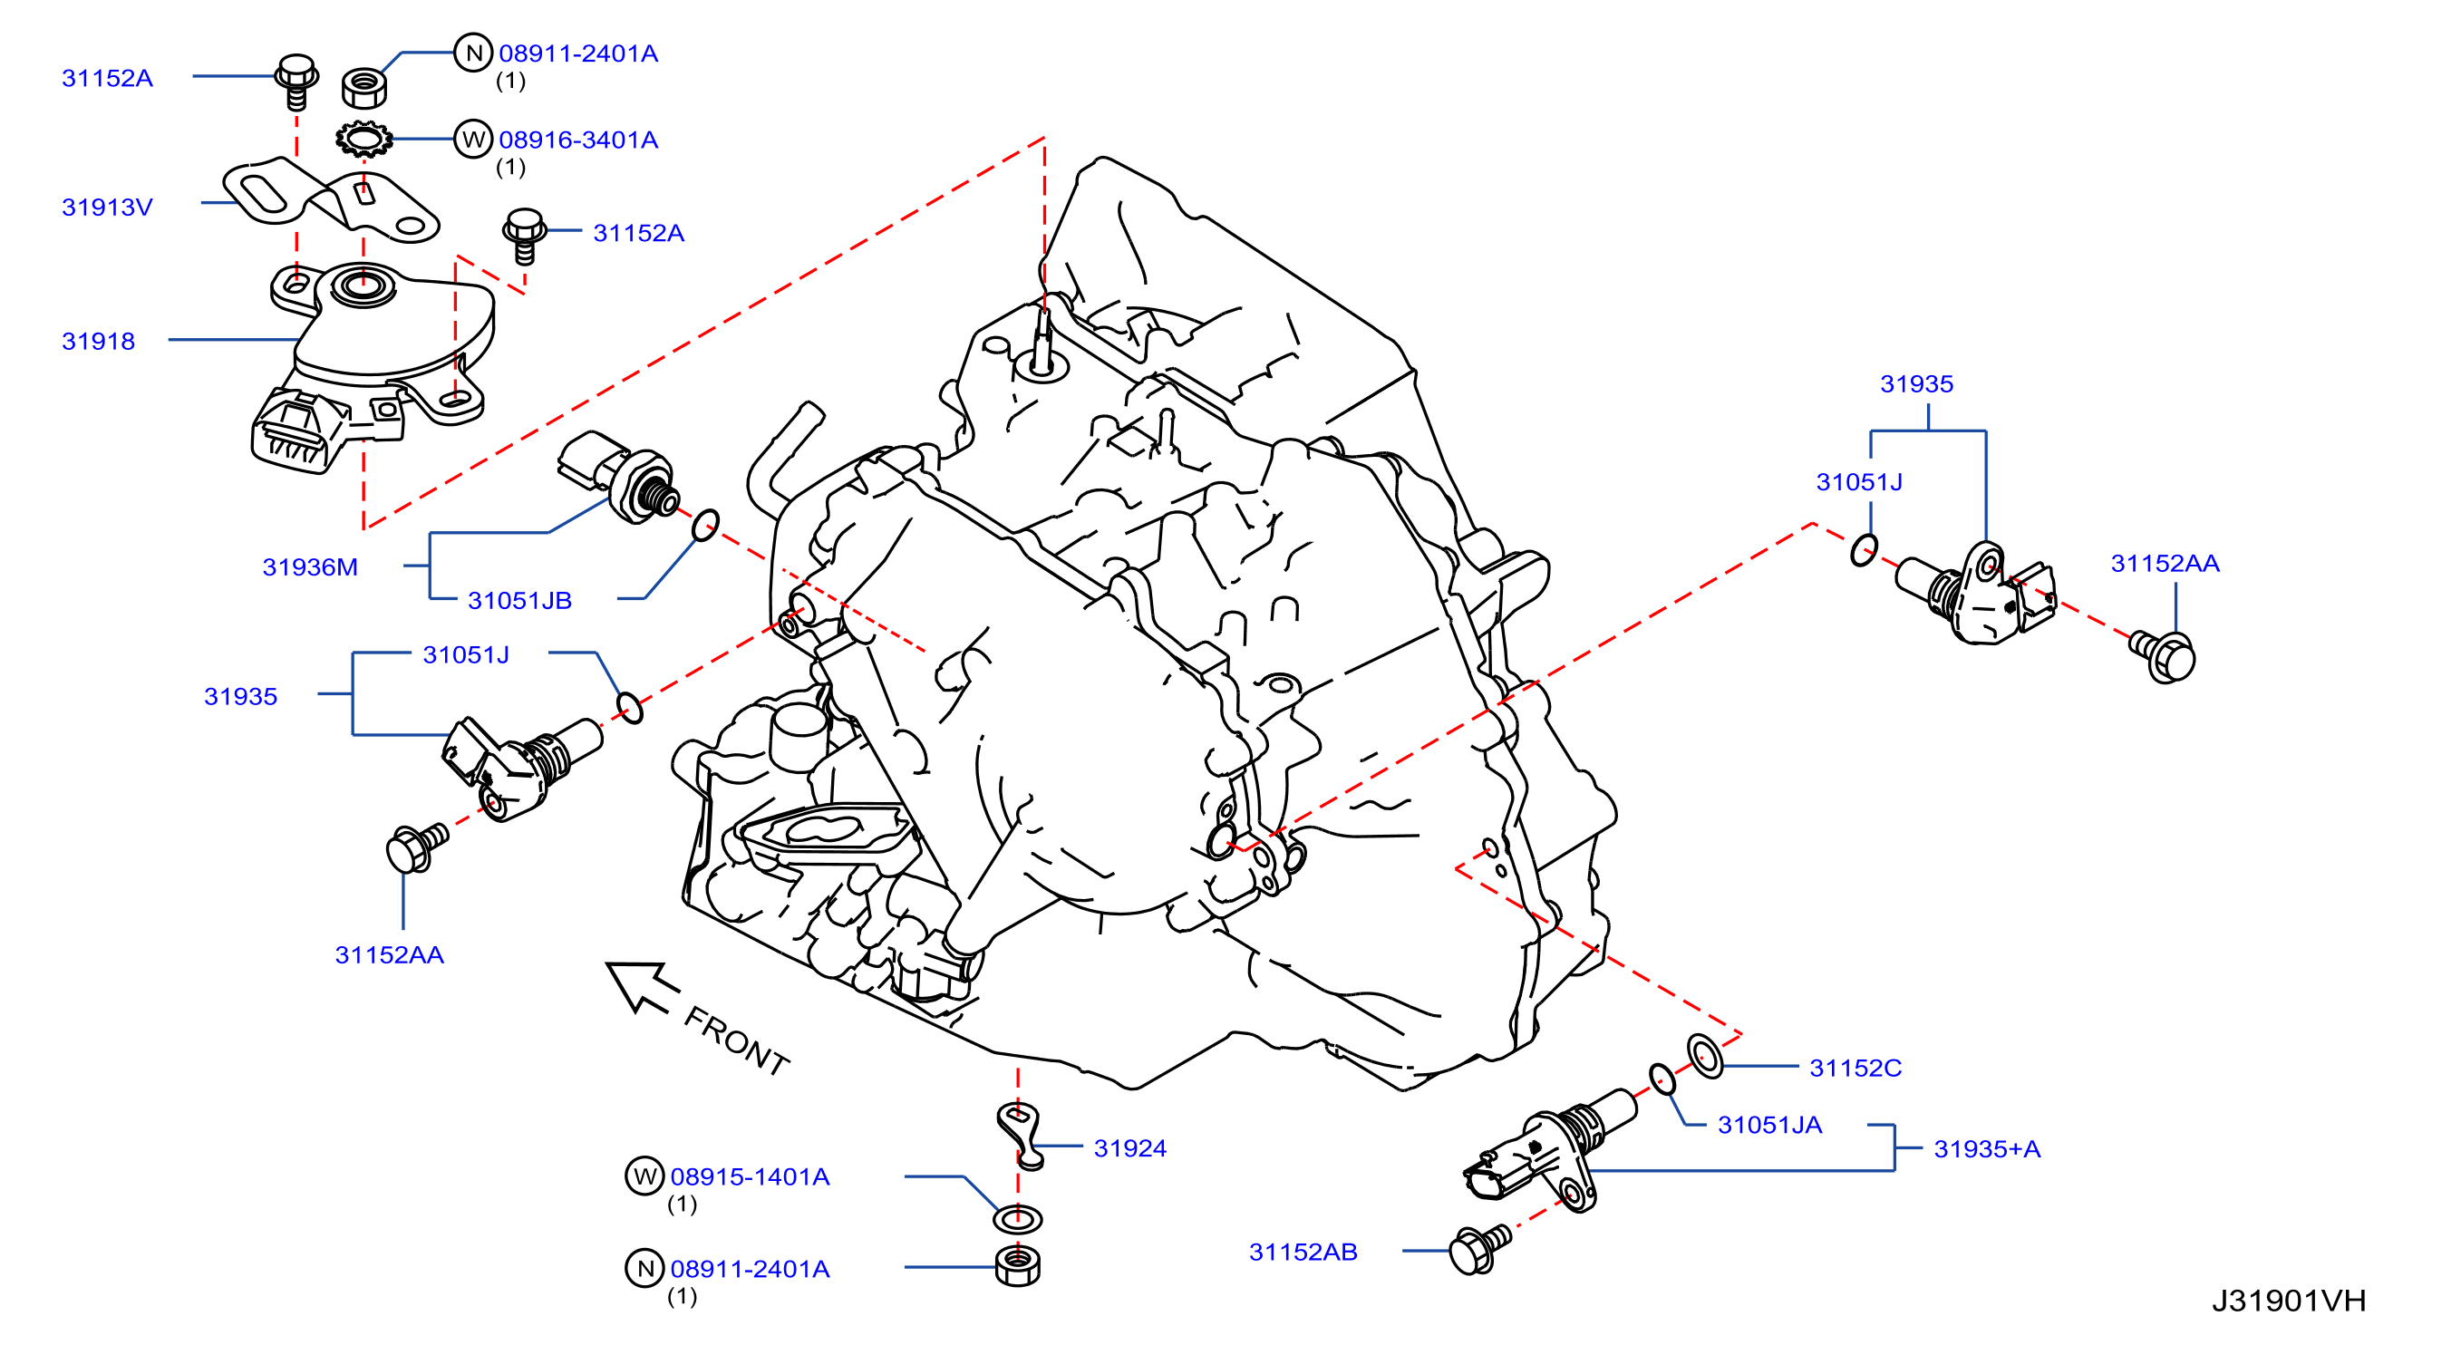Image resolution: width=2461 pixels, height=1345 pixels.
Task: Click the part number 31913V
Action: click(x=107, y=208)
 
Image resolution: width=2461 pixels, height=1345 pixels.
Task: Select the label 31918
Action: click(x=99, y=341)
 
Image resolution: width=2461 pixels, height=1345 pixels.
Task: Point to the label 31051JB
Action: click(x=518, y=601)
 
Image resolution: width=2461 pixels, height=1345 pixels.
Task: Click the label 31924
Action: click(x=1129, y=1148)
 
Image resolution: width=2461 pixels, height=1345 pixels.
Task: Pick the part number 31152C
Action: click(x=1855, y=1068)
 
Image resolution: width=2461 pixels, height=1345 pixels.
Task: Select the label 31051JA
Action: click(x=1769, y=1126)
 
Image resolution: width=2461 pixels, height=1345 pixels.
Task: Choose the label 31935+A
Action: click(x=1986, y=1149)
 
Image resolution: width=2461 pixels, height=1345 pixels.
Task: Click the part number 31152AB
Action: click(x=1303, y=1253)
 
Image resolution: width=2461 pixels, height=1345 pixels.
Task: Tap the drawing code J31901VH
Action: click(x=2288, y=1301)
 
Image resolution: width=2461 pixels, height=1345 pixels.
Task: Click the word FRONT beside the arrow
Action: click(x=737, y=1041)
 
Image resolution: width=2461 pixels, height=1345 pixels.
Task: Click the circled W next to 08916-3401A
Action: click(x=473, y=140)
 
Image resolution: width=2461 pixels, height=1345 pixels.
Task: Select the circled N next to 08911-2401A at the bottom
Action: click(x=644, y=1269)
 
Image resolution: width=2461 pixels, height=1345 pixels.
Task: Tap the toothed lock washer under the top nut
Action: click(x=364, y=140)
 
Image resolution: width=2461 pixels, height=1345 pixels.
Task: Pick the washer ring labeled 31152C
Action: click(x=1705, y=1057)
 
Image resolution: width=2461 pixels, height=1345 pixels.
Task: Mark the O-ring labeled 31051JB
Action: click(x=705, y=525)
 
